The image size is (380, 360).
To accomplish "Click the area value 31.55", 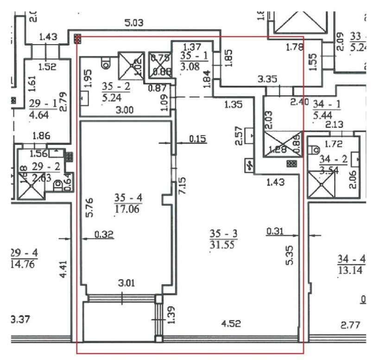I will [221, 244].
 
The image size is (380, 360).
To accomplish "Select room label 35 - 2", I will [115, 85].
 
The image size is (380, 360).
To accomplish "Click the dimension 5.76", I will [90, 207].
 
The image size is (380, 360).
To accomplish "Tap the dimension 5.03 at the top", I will [134, 22].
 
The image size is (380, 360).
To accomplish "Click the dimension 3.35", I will [269, 79].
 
